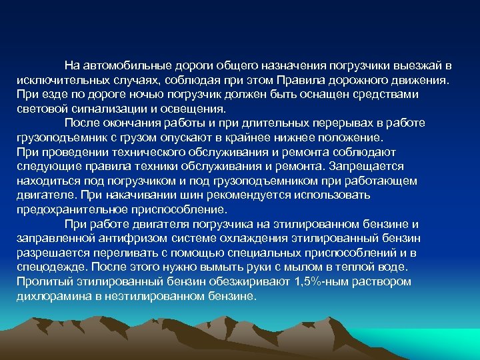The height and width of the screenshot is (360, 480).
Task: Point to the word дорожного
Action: coord(361,80)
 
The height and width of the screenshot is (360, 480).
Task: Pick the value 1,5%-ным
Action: coord(319,281)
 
